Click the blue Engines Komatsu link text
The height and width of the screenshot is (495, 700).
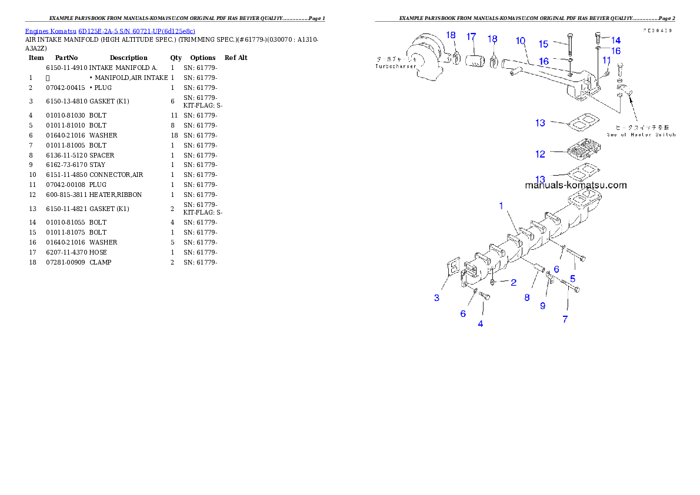(110, 31)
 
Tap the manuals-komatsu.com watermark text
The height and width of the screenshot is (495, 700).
(575, 185)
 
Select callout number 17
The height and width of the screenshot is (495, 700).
(471, 37)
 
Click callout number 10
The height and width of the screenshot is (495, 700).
(521, 41)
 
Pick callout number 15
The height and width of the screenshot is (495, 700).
(544, 44)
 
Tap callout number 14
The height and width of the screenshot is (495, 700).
(616, 40)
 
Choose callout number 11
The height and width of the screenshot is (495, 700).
(606, 60)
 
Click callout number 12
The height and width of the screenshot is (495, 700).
(540, 154)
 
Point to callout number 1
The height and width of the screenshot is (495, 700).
(501, 206)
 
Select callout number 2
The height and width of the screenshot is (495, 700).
(514, 283)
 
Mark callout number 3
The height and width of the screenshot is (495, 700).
(436, 298)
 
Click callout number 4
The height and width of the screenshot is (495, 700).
(481, 324)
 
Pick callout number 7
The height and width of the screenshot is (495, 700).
(565, 319)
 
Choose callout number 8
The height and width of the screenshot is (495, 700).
(527, 297)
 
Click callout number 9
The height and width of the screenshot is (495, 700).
(543, 306)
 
